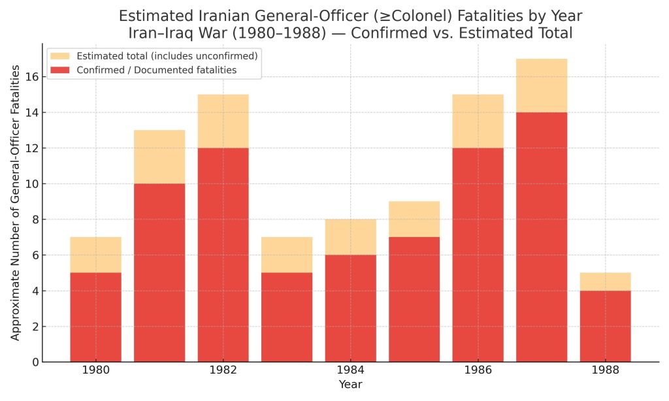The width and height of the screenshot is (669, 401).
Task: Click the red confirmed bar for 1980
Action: pyautogui.click(x=95, y=317)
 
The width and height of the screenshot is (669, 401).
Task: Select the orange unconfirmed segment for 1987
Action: pyautogui.click(x=542, y=86)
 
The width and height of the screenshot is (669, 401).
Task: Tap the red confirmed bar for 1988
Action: pyautogui.click(x=605, y=326)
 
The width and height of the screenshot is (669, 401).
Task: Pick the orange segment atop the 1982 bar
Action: pyautogui.click(x=223, y=121)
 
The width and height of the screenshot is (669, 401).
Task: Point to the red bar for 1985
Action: pyautogui.click(x=414, y=299)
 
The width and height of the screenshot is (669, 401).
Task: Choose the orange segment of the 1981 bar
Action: pyautogui.click(x=159, y=157)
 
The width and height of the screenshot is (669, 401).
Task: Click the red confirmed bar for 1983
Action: pyautogui.click(x=287, y=317)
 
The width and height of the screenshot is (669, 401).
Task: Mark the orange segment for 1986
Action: pyautogui.click(x=478, y=121)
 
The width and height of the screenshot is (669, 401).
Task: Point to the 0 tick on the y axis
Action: pyautogui.click(x=34, y=362)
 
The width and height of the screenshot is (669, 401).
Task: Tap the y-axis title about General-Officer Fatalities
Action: pyautogui.click(x=16, y=202)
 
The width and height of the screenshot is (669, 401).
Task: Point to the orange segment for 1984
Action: pyautogui.click(x=350, y=237)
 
